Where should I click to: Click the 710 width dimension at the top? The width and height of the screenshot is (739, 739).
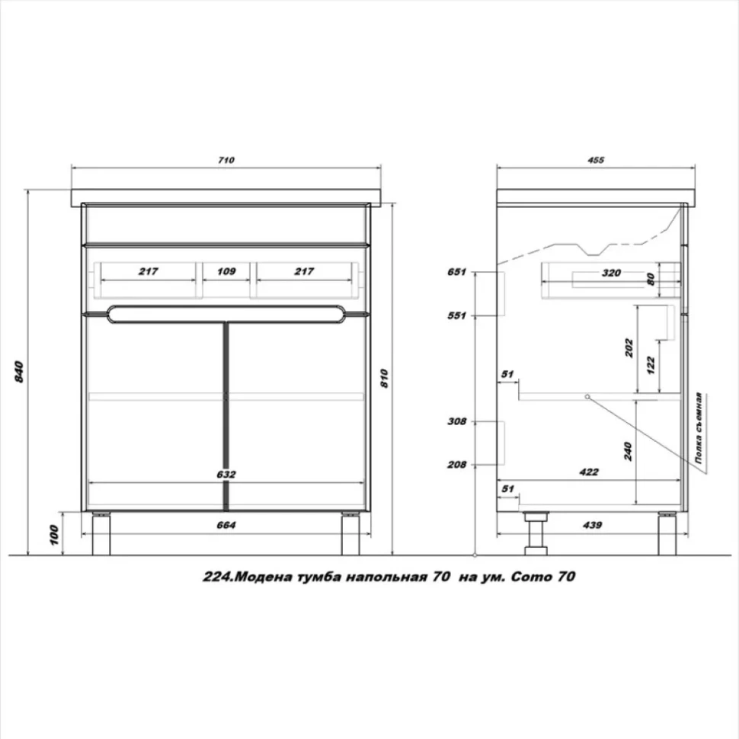click(x=226, y=160)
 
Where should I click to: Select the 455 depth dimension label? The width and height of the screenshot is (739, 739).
click(x=596, y=160)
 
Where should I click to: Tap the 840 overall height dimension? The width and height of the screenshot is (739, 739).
click(x=19, y=371)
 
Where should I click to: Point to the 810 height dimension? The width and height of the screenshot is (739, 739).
click(x=385, y=379)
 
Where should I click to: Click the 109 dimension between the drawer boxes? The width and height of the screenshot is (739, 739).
click(x=226, y=271)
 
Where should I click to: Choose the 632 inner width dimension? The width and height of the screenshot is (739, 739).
click(x=226, y=475)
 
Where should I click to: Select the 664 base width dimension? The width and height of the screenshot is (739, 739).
click(x=226, y=525)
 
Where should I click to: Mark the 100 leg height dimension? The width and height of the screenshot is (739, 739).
click(x=53, y=535)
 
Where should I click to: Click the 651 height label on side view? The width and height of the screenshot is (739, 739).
click(x=456, y=272)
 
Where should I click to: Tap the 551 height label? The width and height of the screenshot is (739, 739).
click(x=456, y=315)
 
